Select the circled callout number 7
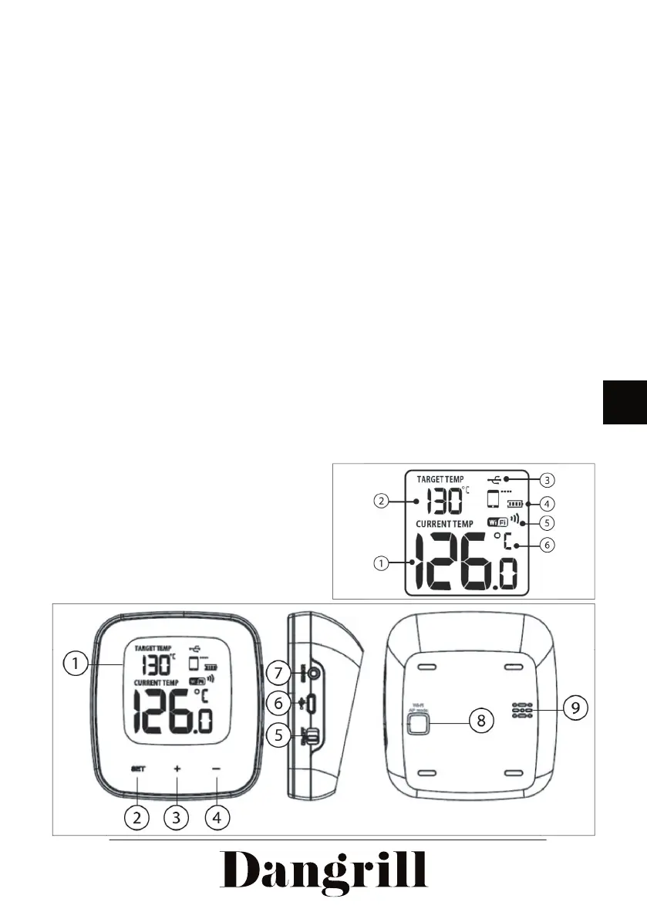279,673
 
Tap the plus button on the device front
177,769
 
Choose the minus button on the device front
217,769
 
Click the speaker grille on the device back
521,711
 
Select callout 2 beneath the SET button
137,816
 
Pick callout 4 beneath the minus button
217,816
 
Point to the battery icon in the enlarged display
514,504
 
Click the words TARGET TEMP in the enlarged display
440,479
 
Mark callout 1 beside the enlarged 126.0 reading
381,564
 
